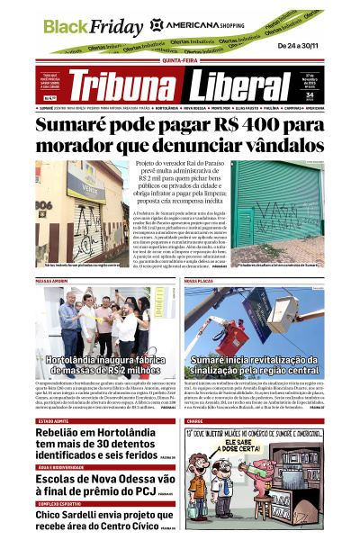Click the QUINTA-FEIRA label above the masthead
(x=179, y=61)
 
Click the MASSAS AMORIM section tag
(x=56, y=281)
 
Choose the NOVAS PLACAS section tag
(x=200, y=281)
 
